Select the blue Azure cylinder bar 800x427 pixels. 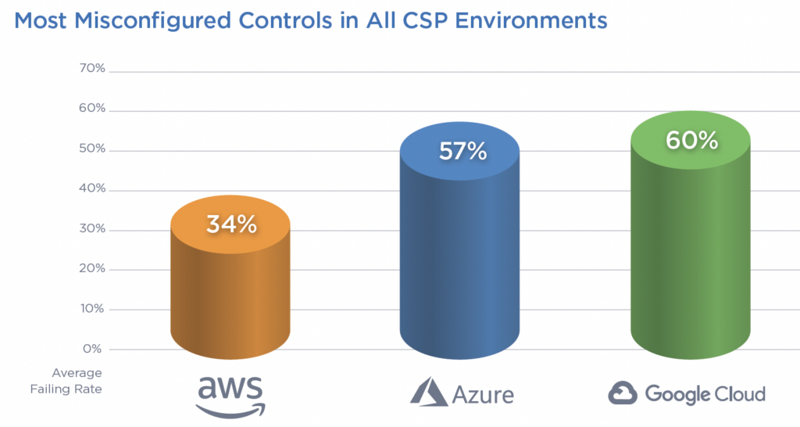459,258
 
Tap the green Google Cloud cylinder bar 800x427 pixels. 691,250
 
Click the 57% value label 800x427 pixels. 462,151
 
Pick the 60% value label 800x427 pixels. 691,140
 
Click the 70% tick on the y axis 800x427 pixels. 92,69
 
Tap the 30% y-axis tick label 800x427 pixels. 92,229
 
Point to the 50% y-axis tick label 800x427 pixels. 92,149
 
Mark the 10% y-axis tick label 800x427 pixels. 92,308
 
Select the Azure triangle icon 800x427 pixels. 429,391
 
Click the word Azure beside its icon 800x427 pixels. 482,393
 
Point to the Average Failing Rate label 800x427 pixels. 77,380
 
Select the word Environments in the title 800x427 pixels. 519,20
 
